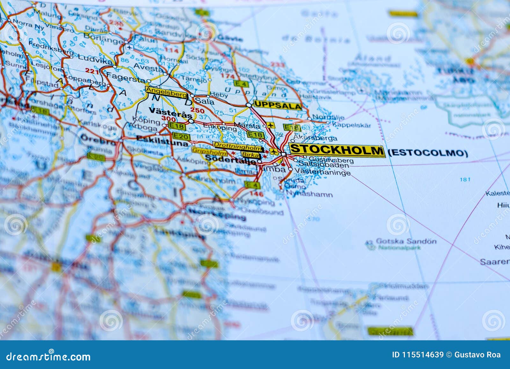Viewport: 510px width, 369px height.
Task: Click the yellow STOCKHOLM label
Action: [x=337, y=150]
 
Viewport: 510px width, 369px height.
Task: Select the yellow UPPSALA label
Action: [x=277, y=106]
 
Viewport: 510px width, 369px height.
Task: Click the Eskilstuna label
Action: [x=162, y=143]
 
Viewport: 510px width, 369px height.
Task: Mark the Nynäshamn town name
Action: [x=309, y=194]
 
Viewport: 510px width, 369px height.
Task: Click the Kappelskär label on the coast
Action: [x=351, y=125]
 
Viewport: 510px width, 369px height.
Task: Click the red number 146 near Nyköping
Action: [x=257, y=194]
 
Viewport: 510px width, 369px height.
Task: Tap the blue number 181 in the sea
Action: [x=465, y=179]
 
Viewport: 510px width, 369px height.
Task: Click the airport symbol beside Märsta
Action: [x=271, y=125]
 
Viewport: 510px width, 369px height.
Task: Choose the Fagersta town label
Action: [x=126, y=76]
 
